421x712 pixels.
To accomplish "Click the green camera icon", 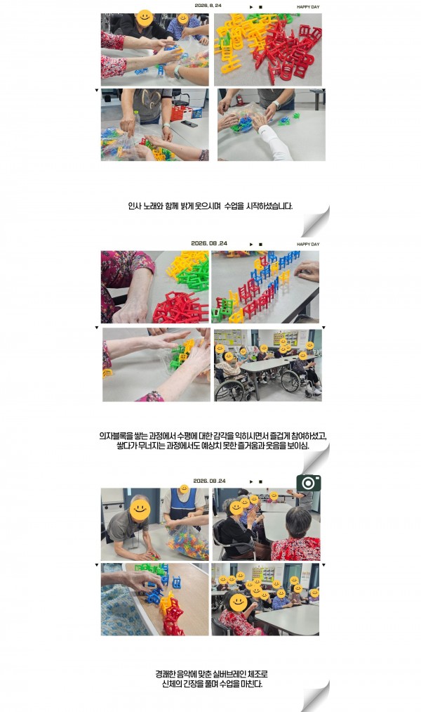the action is click(309, 483).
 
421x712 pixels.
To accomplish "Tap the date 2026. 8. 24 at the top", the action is click(208, 6).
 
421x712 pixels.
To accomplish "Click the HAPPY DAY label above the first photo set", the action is click(308, 7).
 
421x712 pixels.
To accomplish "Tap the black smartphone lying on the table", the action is click(189, 124).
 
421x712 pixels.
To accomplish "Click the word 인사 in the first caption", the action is click(134, 206).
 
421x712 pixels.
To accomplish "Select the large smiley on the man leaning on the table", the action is click(140, 510).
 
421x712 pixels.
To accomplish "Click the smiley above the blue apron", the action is click(184, 489).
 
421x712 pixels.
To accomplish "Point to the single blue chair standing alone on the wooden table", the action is click(176, 582).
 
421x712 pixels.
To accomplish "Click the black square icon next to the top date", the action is click(260, 7).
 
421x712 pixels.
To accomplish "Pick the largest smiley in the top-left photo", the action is click(145, 18).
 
